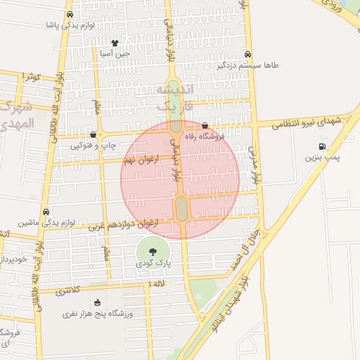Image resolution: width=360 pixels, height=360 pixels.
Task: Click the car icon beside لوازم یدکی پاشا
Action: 69,15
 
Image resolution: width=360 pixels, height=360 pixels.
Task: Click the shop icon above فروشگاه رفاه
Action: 205,125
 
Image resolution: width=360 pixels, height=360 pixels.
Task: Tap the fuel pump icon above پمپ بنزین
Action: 321,147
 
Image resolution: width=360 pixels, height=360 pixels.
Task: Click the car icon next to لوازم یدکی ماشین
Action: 46,212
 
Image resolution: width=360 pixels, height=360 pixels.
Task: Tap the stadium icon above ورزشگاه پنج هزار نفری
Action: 97,303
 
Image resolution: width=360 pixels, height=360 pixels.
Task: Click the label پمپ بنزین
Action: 321,158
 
